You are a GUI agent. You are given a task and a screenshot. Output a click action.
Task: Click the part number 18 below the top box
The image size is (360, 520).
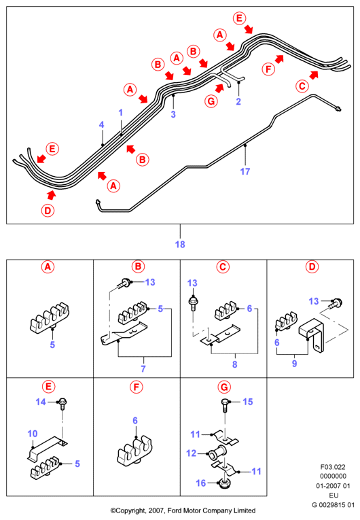tap(180, 245)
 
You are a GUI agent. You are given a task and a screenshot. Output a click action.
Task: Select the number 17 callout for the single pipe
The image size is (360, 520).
tap(245, 171)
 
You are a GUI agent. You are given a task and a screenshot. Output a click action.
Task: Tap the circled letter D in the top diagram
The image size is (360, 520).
tap(48, 211)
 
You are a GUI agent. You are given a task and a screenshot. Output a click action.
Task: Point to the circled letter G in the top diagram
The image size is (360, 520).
tap(211, 101)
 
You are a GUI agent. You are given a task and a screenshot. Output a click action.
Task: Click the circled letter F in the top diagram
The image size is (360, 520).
tap(268, 69)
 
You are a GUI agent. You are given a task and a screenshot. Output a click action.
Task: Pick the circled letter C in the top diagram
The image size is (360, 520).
tap(302, 86)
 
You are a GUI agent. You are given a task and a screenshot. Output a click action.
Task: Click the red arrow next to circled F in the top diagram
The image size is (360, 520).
tap(279, 59)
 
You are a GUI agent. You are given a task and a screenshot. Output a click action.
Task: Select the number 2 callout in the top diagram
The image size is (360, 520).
tap(238, 101)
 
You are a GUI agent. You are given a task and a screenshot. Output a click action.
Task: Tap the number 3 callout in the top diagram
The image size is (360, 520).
tap(173, 114)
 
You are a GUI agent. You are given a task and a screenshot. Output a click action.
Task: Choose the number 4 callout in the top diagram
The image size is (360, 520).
tap(101, 124)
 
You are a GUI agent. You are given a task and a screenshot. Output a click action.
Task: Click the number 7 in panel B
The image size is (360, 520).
tap(143, 368)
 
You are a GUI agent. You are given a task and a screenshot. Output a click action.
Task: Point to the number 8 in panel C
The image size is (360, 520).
tap(235, 364)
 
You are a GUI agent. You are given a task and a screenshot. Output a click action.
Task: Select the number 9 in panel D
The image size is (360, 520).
tap(294, 364)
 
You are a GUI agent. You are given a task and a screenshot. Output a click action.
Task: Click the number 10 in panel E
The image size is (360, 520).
tap(33, 434)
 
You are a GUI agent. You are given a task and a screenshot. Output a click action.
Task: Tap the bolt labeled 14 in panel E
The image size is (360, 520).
tap(62, 404)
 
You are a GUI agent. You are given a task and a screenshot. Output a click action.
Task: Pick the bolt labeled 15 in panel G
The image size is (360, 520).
tap(225, 405)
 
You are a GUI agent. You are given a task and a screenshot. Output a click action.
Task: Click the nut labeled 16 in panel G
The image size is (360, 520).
tap(224, 484)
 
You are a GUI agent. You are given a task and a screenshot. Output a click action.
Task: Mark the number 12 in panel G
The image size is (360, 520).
tap(192, 453)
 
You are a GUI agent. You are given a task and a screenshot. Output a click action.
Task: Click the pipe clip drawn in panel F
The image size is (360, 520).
tap(135, 451)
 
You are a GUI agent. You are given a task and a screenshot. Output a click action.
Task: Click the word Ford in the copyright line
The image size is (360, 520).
tap(175, 510)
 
